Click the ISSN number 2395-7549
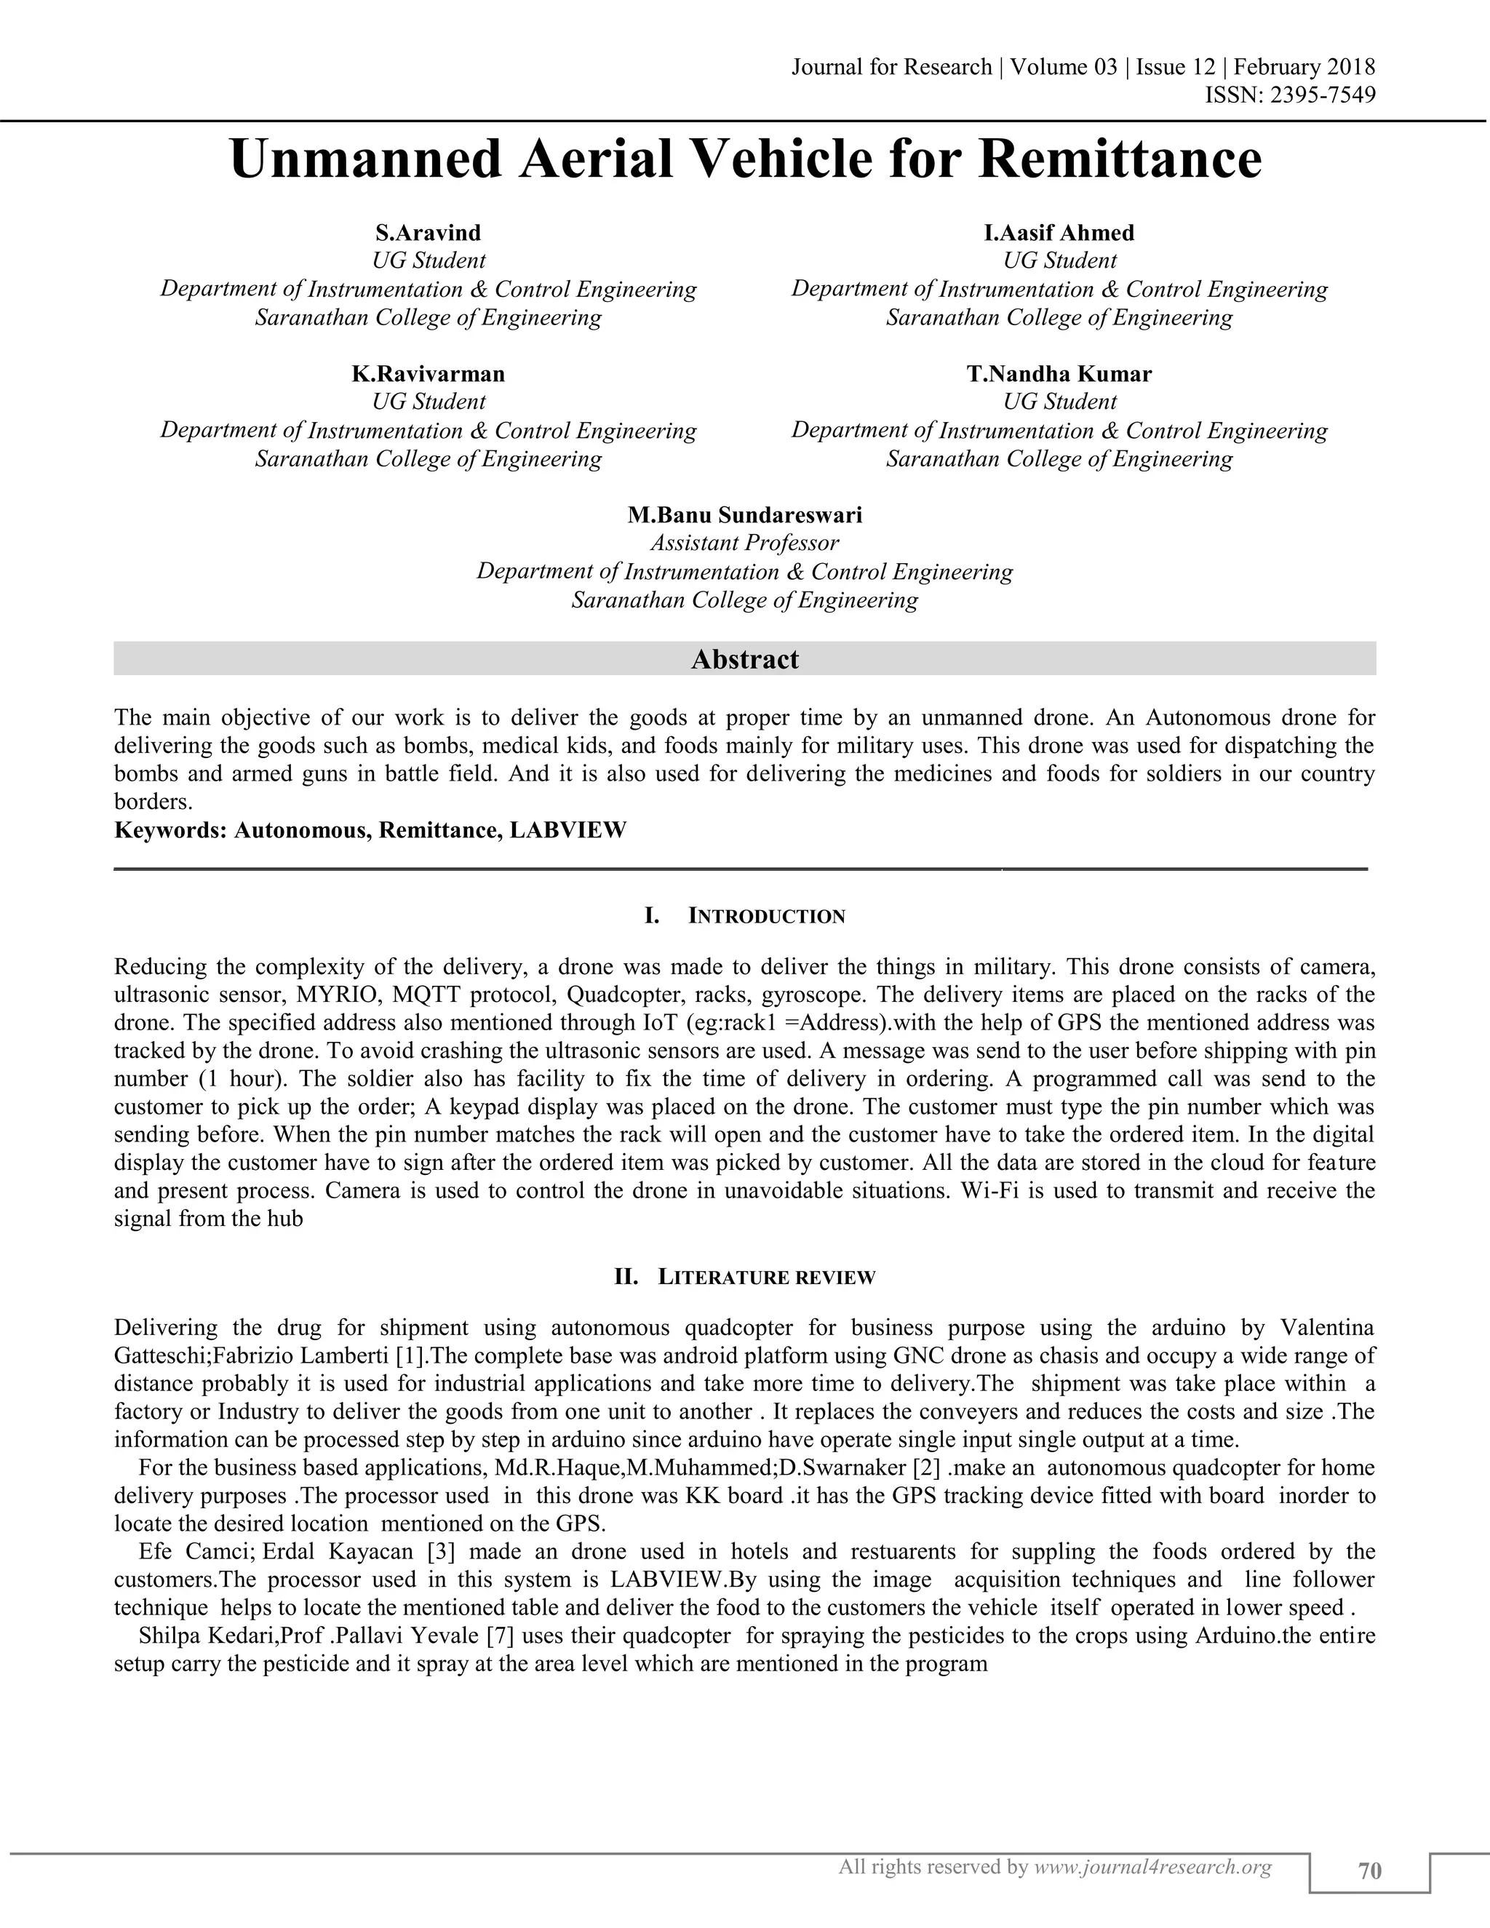click(x=1321, y=95)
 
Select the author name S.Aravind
click(x=428, y=233)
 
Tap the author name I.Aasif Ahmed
click(x=1059, y=233)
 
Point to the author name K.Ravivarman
click(x=428, y=374)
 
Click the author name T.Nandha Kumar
click(x=1059, y=374)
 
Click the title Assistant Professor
click(x=745, y=543)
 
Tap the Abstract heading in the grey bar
click(x=745, y=659)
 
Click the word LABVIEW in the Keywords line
click(x=567, y=831)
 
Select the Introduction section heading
click(x=766, y=916)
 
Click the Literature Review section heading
click(x=766, y=1278)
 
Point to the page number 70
click(x=1370, y=1871)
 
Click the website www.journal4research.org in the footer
click(x=1152, y=1867)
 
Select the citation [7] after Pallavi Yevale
click(x=501, y=1636)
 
